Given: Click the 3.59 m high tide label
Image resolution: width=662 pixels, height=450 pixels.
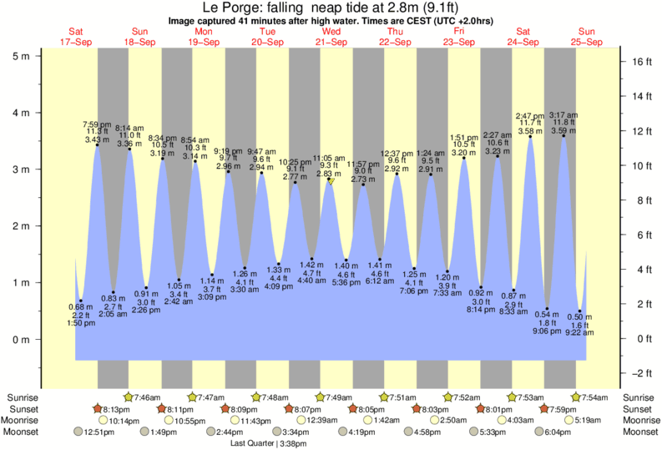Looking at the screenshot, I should pos(563,130).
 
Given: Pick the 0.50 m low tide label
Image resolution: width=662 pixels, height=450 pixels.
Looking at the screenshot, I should pos(580,316).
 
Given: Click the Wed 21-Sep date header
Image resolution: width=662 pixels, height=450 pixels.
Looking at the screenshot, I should pos(331,37).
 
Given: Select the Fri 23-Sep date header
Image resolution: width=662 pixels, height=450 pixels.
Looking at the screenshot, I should pos(459,37).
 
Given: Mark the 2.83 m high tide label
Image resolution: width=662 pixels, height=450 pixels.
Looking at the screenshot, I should pos(328,174).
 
